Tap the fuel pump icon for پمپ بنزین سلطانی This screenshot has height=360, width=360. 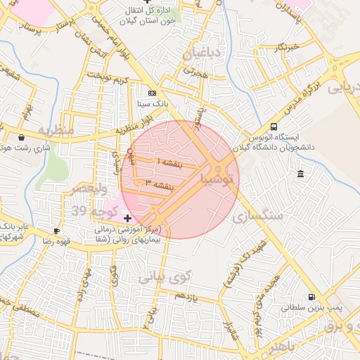click(x=311, y=297)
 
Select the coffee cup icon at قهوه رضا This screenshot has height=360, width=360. click(x=57, y=231)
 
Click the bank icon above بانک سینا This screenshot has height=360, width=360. click(x=153, y=93)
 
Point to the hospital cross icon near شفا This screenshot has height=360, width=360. click(x=127, y=219)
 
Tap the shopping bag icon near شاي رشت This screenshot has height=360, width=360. click(x=22, y=137)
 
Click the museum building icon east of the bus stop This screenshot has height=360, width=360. click(x=301, y=174)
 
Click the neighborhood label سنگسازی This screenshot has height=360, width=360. click(x=261, y=215)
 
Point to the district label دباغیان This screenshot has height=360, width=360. click(x=202, y=54)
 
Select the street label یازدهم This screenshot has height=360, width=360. click(x=189, y=297)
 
